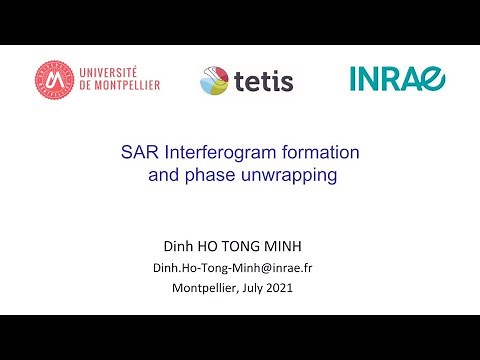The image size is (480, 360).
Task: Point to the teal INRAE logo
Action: tap(398, 79)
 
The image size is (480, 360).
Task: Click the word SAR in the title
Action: tap(138, 154)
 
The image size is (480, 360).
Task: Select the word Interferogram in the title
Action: tap(214, 154)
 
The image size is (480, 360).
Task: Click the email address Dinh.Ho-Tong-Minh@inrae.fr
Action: tap(239, 268)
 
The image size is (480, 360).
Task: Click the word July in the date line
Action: tap(261, 289)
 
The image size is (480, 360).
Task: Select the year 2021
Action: tap(293, 289)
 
